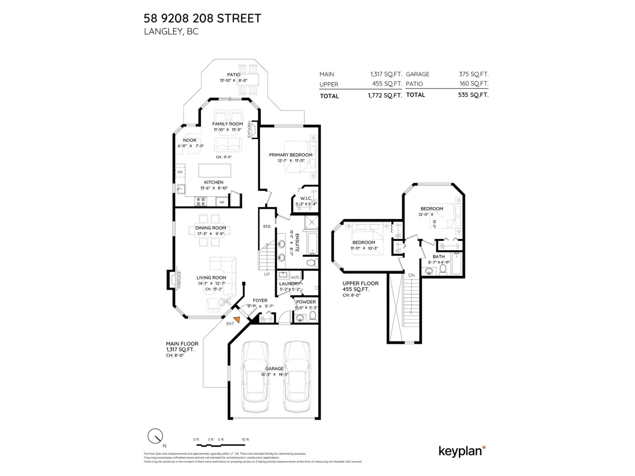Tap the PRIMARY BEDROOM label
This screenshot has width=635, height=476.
[x=291, y=155]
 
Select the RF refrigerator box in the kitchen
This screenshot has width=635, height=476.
[x=222, y=202]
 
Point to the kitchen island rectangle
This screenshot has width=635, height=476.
[x=215, y=170]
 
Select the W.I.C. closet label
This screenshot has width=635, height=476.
[x=306, y=198]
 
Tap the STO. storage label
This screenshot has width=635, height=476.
[x=267, y=226]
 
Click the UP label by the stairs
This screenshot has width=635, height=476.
[x=267, y=274]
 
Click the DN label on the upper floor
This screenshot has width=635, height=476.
[x=411, y=275]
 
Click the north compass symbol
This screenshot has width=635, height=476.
[x=155, y=436]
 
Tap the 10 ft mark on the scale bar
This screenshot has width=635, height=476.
[x=245, y=440]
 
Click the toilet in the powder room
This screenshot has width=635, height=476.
[x=313, y=316]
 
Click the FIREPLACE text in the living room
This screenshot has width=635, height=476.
[x=179, y=280]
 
